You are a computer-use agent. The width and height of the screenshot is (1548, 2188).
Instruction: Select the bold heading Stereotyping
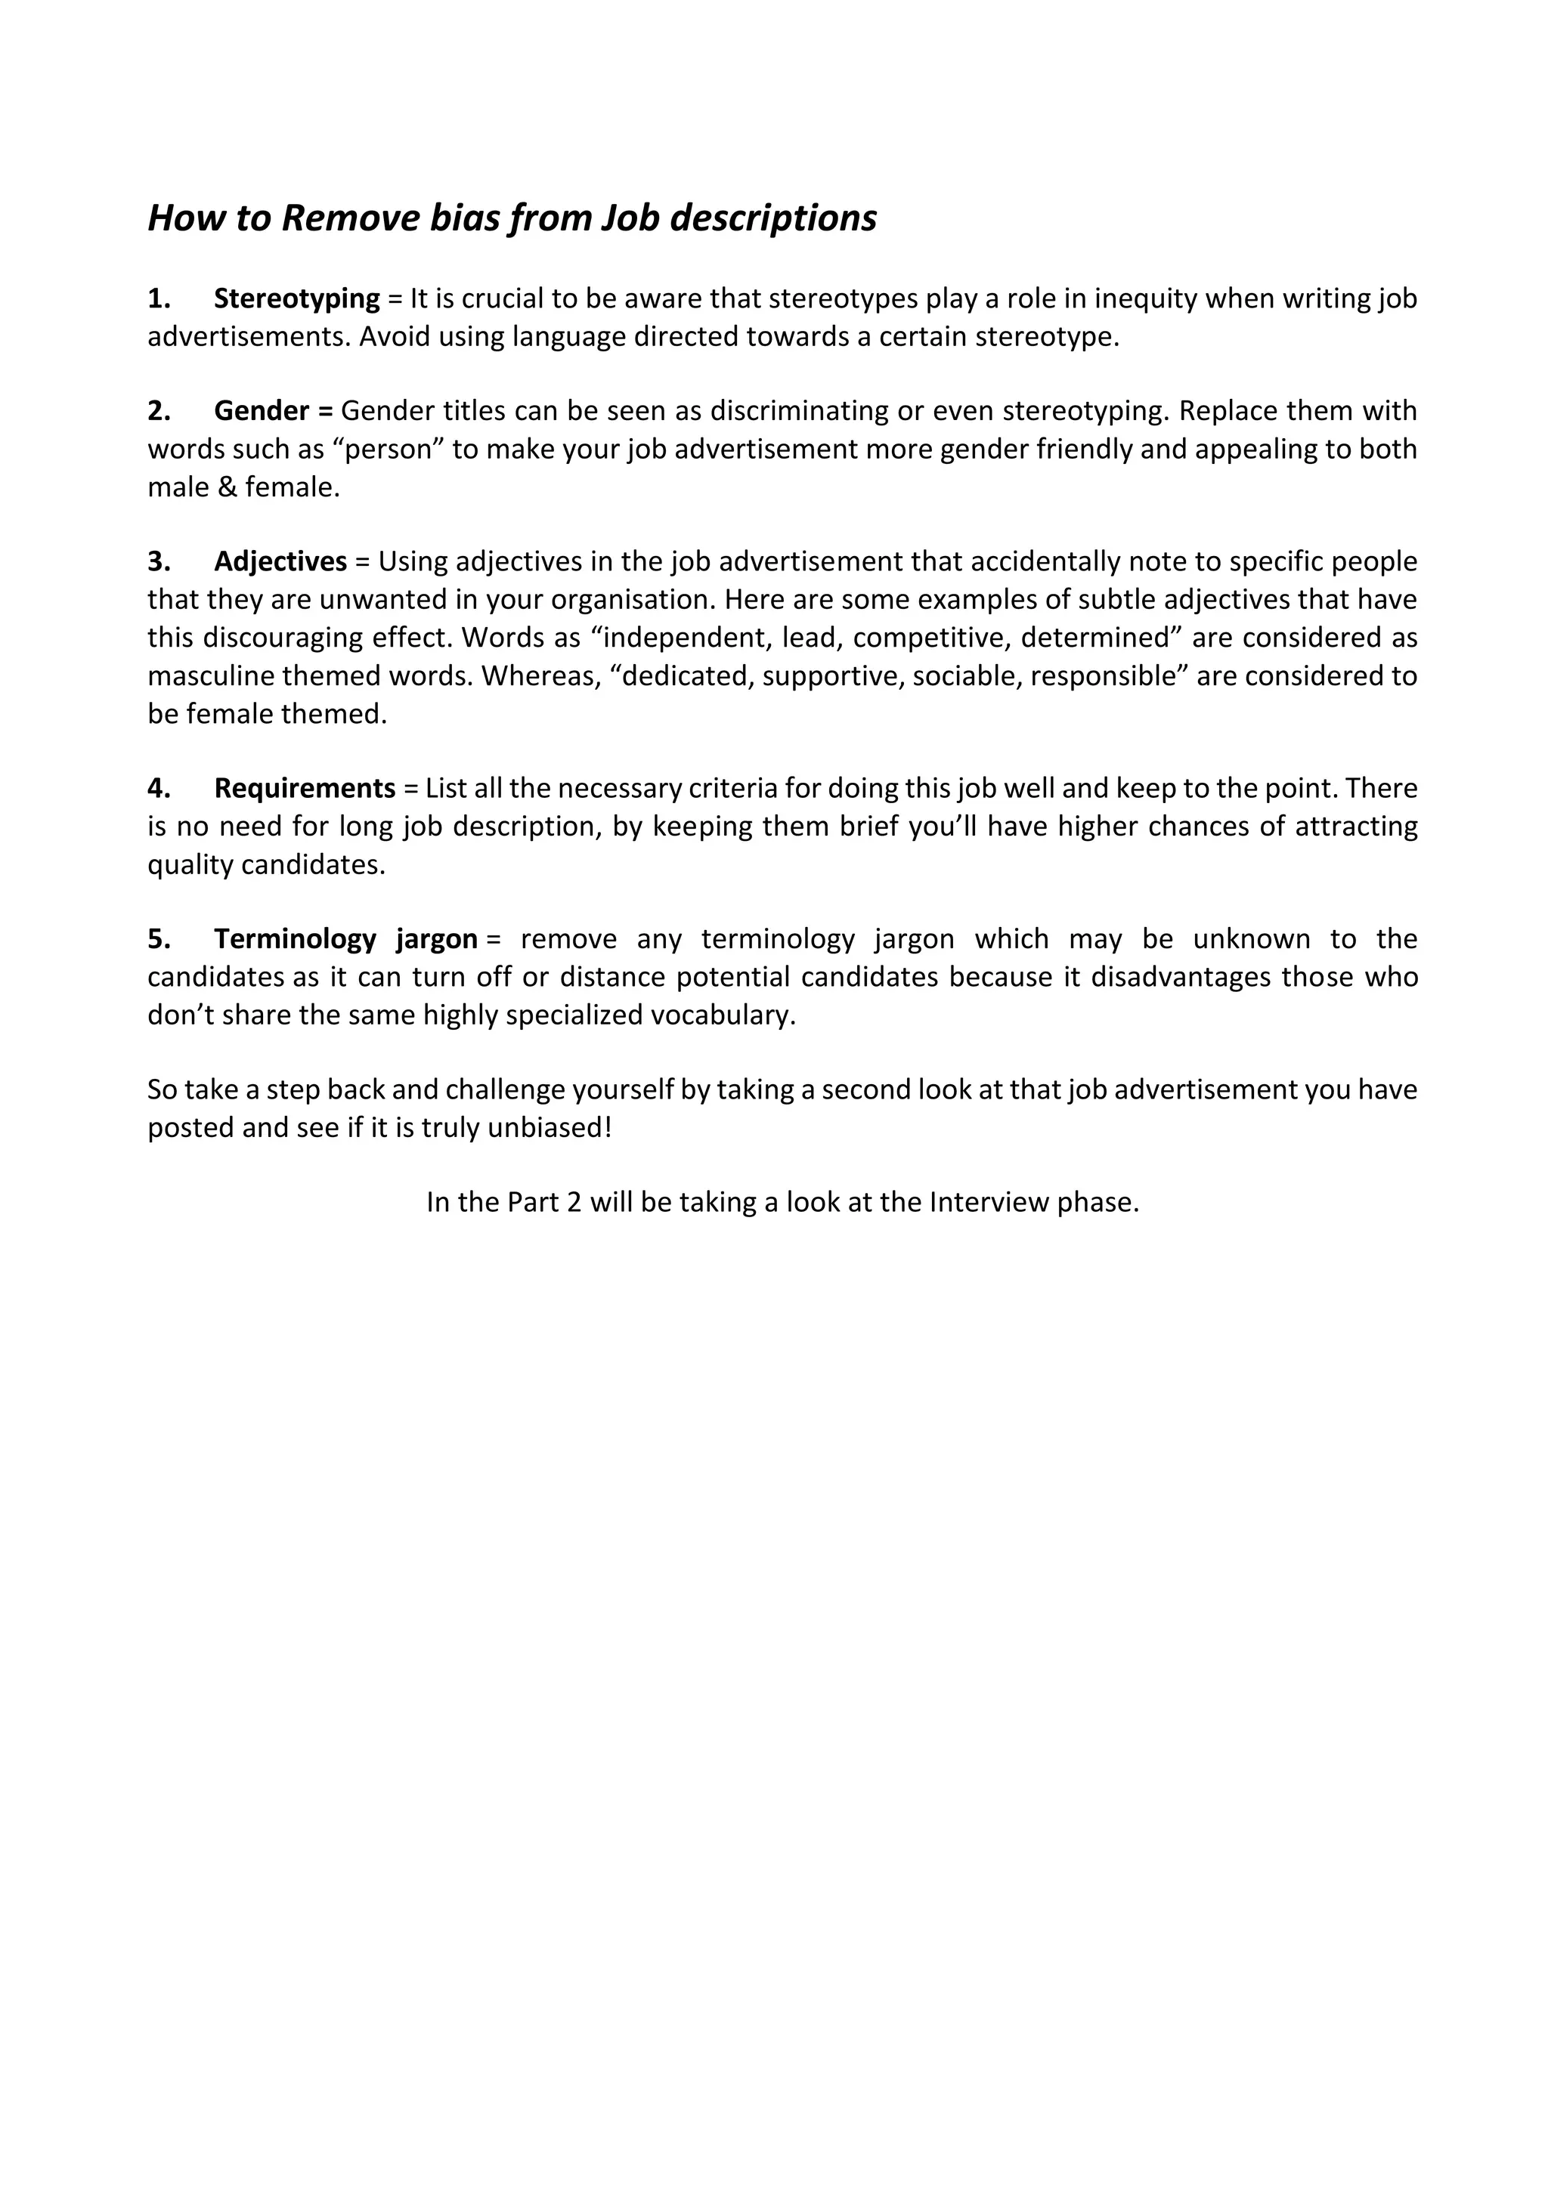[x=296, y=299]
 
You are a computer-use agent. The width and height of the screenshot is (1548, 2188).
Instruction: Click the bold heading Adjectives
[x=280, y=562]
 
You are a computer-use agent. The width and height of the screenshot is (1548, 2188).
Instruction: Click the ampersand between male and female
[x=225, y=488]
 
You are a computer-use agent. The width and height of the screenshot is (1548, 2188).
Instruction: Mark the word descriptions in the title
[x=773, y=218]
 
